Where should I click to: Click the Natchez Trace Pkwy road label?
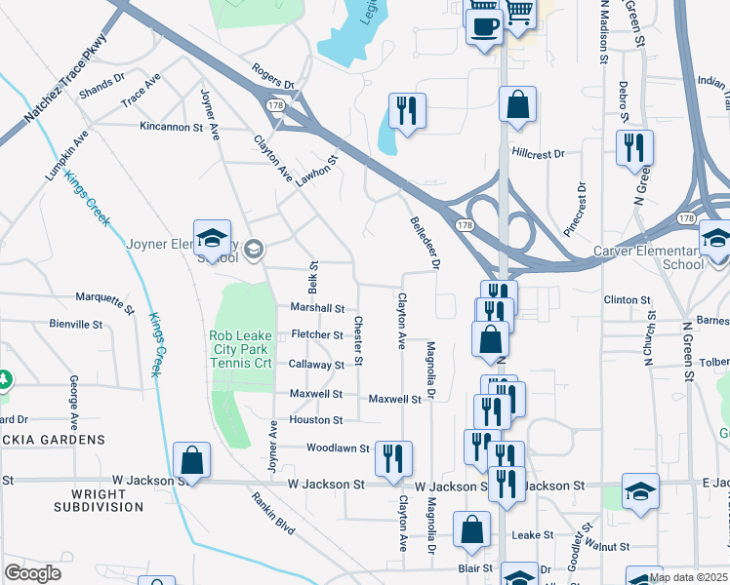point(64,88)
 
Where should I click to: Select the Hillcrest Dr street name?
point(538,154)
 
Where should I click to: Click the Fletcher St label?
point(317,334)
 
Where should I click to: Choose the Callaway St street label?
point(316,365)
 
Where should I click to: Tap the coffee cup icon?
point(484,26)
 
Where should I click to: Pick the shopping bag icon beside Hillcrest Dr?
point(517,105)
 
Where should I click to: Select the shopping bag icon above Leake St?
point(472,530)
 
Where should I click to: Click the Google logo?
point(32,573)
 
